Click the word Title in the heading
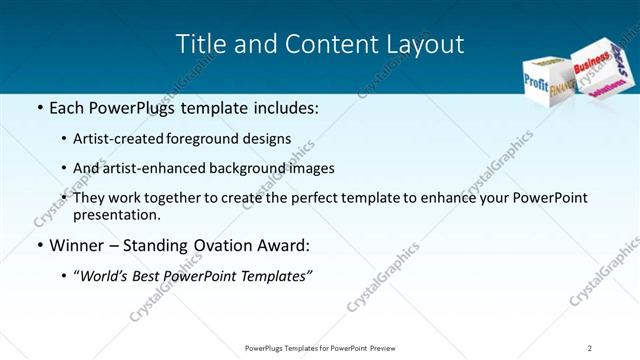point(199,44)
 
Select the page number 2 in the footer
point(590,347)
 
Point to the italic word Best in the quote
point(156,275)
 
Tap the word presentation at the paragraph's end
point(114,214)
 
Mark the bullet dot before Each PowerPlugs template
point(38,107)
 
